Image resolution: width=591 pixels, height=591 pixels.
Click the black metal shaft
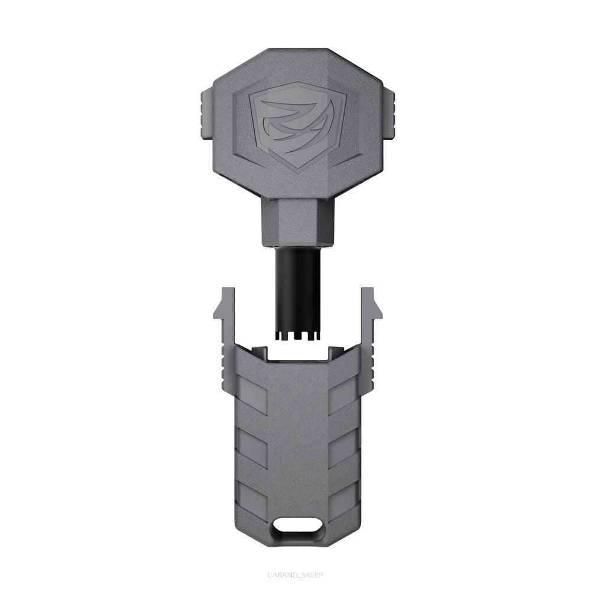296,290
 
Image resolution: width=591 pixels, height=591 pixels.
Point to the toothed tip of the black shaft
296,336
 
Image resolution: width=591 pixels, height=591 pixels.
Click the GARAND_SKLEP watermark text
295,573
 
